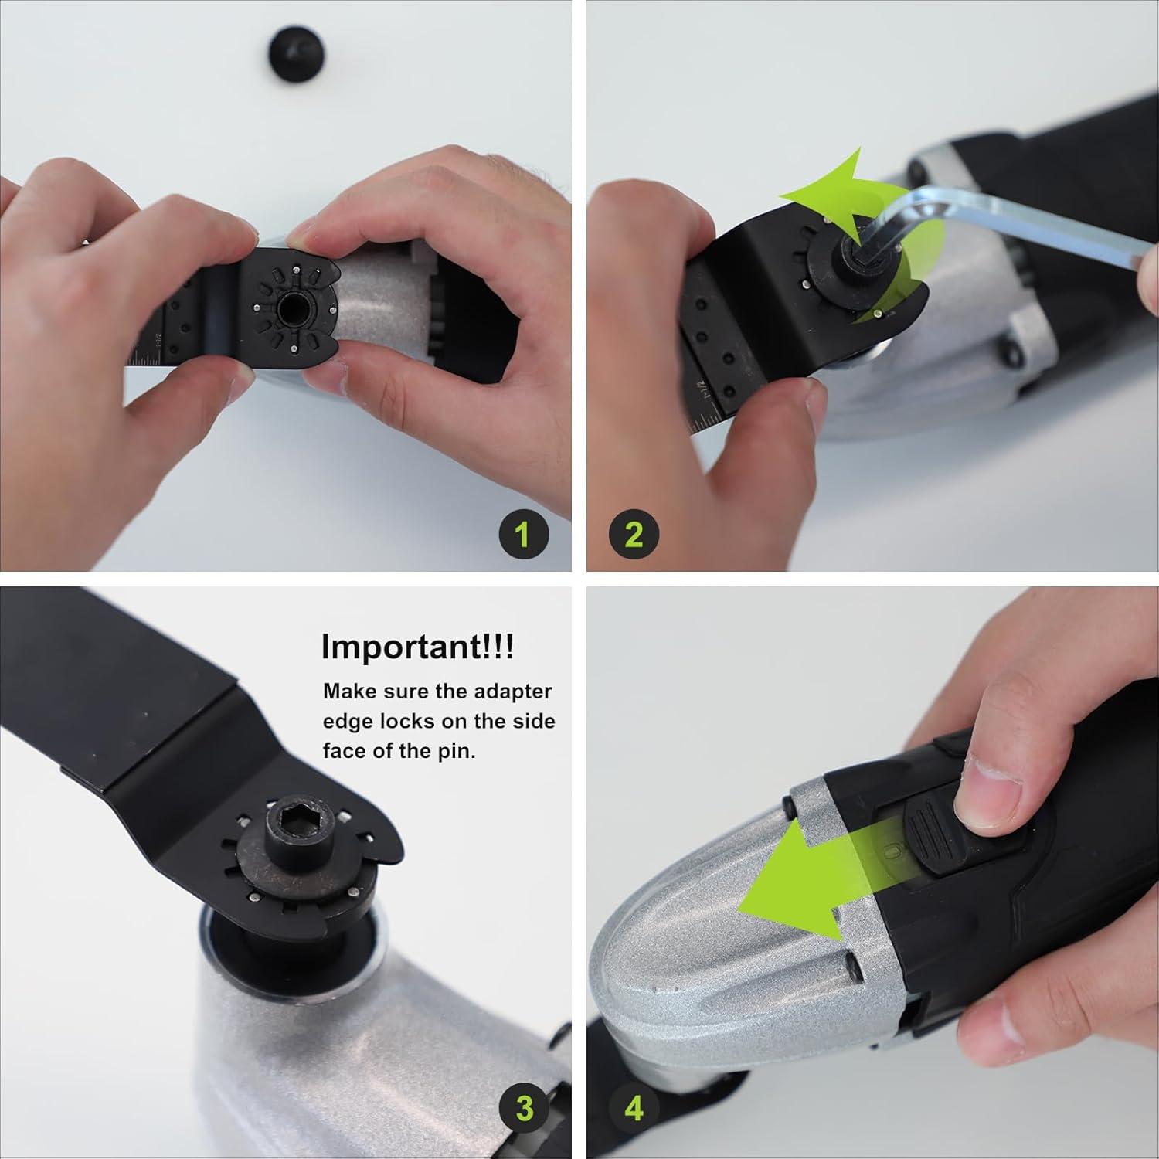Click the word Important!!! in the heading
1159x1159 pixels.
coord(417,647)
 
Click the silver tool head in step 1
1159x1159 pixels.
coord(379,297)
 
